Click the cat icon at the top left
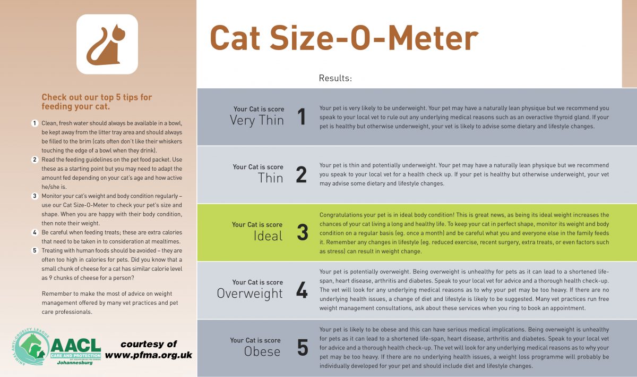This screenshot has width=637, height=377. pos(107,44)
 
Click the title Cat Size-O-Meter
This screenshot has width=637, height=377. pos(343,38)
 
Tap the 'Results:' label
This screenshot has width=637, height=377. pos(335,78)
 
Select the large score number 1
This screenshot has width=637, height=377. pos(302,117)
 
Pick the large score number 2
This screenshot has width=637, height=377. pos(302,174)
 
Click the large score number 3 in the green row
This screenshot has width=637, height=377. pos(302,232)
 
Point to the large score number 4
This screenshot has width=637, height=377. pos(302,290)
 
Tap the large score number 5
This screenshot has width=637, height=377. pos(302,348)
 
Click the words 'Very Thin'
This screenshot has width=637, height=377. pos(257,120)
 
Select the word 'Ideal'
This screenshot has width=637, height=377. pos(268,236)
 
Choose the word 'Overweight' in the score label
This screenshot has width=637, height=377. pos(249,293)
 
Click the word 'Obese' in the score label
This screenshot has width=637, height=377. pos(262,351)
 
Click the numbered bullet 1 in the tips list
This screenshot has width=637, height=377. pos(35,123)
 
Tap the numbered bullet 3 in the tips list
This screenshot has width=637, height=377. pos(35,196)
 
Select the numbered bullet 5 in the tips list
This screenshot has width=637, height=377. pos(35,250)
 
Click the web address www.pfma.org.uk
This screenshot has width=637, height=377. pos(149,355)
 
